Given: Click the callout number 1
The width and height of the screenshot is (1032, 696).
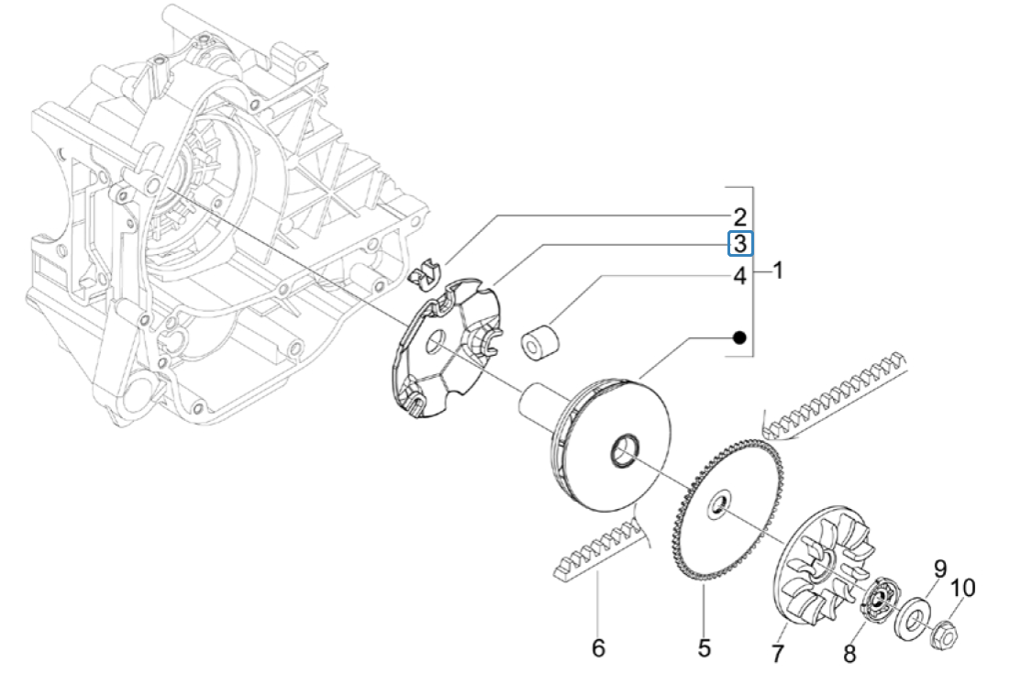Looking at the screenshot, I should pyautogui.click(x=778, y=271).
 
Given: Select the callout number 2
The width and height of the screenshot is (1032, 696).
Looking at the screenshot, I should pyautogui.click(x=739, y=217).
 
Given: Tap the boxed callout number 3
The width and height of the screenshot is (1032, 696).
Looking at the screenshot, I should pyautogui.click(x=739, y=244).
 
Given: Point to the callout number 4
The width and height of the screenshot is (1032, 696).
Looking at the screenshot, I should pyautogui.click(x=739, y=276).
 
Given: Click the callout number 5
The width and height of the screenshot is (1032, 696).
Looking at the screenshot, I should pyautogui.click(x=704, y=647).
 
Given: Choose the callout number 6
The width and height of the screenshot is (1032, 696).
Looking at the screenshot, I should pyautogui.click(x=598, y=648).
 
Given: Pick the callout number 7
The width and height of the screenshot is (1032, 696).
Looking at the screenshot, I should pyautogui.click(x=777, y=654).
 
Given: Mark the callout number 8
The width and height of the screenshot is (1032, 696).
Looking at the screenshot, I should pyautogui.click(x=849, y=653).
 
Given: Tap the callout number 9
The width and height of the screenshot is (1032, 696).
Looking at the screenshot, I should pyautogui.click(x=939, y=569).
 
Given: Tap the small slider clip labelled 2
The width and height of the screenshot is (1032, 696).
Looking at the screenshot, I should pyautogui.click(x=424, y=272).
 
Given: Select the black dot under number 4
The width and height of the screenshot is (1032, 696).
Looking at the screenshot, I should pyautogui.click(x=738, y=338).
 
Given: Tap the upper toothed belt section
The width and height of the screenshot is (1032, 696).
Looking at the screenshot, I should pyautogui.click(x=835, y=394).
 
